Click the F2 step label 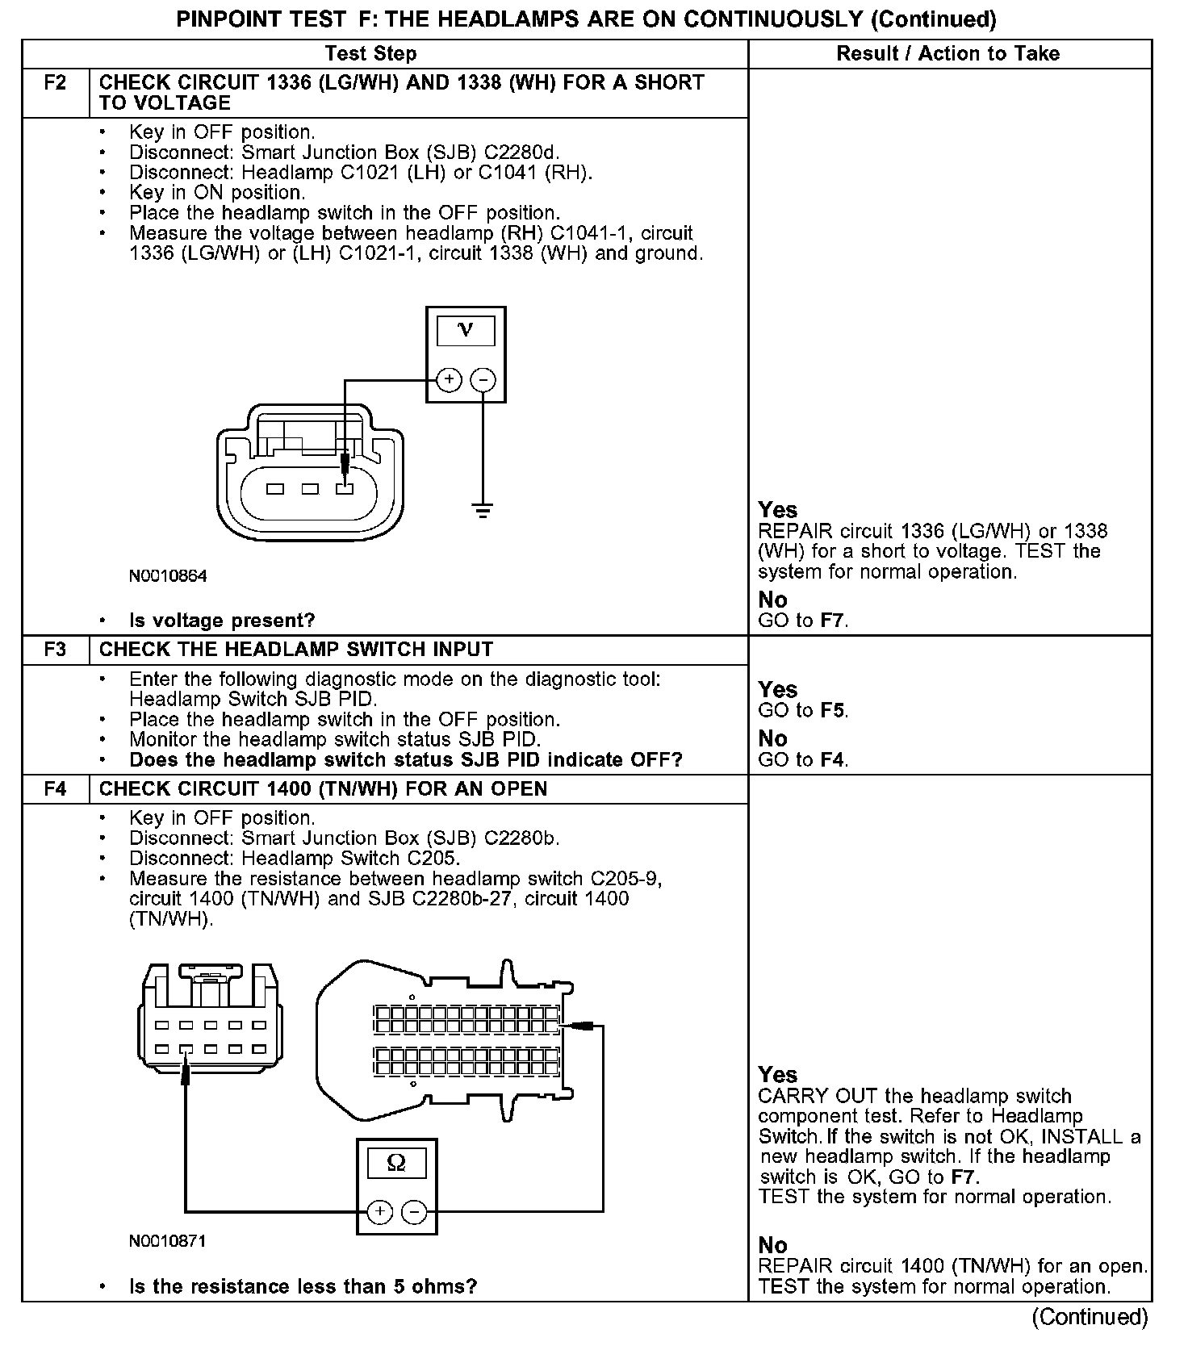pos(55,83)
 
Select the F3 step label pos(55,650)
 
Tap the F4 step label pos(55,789)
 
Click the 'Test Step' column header pos(370,54)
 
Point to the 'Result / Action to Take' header pos(948,54)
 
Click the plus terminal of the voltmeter pos(449,379)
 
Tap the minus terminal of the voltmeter pos(483,379)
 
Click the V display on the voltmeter pos(466,329)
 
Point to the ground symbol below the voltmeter pos(483,510)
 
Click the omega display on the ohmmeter pos(396,1163)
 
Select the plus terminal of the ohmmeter pos(379,1211)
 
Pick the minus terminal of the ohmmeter pos(414,1211)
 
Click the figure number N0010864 pos(168,576)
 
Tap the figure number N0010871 pos(168,1241)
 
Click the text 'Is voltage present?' pos(222,621)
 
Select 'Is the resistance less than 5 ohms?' pos(303,1286)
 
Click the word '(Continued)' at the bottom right pos(1090,1317)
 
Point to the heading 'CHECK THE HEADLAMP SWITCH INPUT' pos(295,650)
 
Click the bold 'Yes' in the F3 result pos(778,690)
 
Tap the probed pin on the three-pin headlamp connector pos(345,489)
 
